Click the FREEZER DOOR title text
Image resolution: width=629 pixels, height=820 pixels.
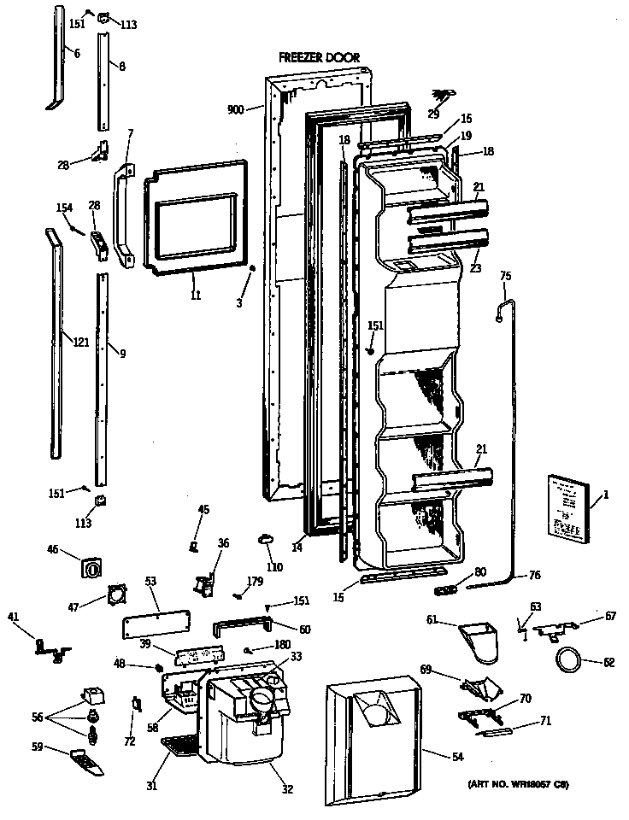point(319,58)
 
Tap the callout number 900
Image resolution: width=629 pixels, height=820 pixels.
point(236,110)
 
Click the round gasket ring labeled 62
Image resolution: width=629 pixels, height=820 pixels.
point(567,659)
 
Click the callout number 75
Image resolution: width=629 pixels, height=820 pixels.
point(505,276)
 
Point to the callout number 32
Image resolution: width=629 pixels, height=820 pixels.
point(286,789)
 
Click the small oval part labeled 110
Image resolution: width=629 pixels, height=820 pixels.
point(264,538)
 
